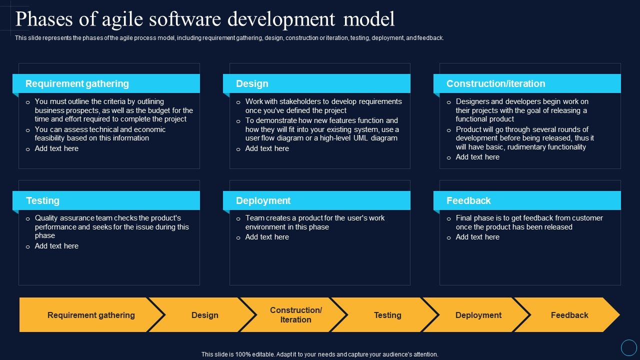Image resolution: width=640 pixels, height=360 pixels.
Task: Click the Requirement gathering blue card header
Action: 106,83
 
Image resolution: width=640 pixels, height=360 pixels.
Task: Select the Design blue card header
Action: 316,83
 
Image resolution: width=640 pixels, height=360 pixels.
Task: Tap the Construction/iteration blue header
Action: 527,83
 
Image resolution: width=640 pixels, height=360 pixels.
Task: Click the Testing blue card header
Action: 106,200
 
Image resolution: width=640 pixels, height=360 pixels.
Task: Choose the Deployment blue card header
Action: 316,200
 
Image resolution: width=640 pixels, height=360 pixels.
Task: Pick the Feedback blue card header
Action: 527,200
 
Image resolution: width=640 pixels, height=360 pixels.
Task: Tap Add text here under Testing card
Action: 56,246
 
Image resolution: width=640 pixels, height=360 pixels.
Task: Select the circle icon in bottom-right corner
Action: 628,347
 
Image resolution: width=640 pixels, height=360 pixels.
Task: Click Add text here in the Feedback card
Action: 477,237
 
